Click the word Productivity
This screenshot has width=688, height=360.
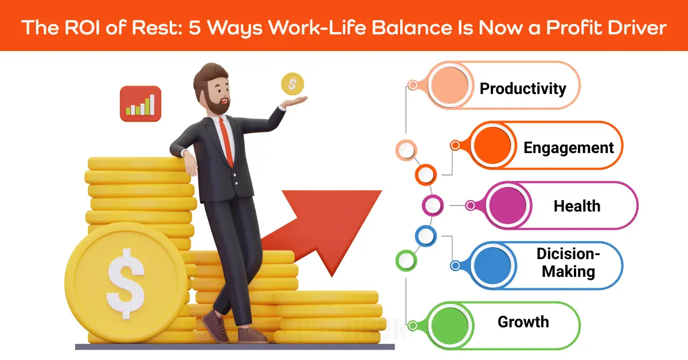coord(523,89)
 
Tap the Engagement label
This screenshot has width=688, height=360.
coord(568,147)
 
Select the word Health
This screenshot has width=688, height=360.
coord(577,206)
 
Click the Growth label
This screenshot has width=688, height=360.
coord(523,322)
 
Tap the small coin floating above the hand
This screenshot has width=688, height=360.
coord(292,84)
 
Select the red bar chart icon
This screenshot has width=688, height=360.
coord(140,104)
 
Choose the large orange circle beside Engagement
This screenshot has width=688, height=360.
coord(491,146)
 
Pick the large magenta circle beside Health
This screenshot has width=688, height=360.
coord(506,205)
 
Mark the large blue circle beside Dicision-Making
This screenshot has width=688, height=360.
coord(492,264)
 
